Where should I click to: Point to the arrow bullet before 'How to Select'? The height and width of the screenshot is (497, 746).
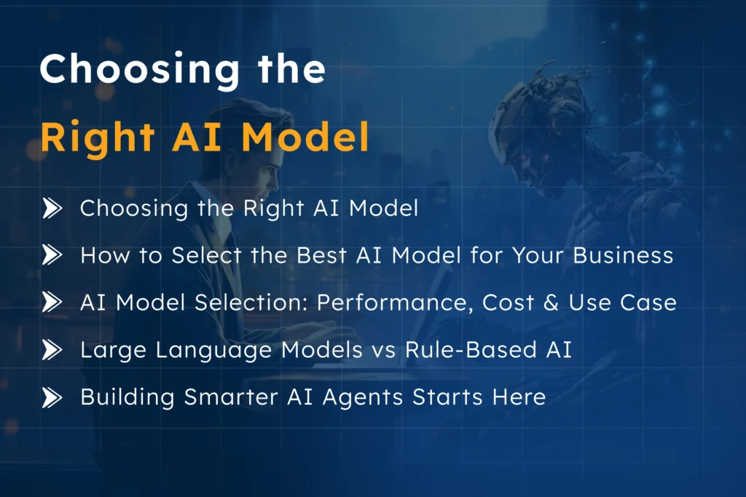(52, 255)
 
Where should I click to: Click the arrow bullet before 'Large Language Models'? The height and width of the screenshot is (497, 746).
(52, 350)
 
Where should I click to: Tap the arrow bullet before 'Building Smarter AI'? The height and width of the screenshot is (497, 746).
(52, 397)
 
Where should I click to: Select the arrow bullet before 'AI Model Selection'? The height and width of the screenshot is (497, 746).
(52, 303)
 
